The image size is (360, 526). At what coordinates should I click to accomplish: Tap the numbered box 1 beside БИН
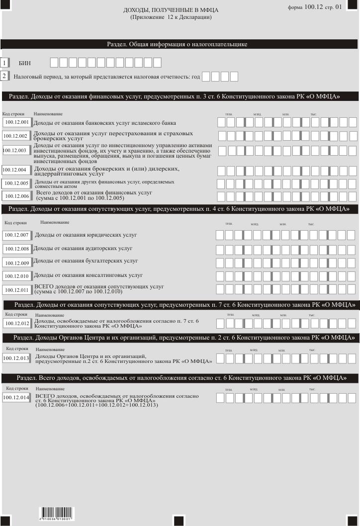coord(5,63)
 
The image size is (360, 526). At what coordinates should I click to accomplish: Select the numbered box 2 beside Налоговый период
coord(5,77)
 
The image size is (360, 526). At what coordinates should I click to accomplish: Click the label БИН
coord(25,64)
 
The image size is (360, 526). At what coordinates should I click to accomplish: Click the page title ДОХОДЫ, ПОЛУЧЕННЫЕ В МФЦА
coord(171,10)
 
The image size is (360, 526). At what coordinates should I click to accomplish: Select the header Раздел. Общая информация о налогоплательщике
coord(178,44)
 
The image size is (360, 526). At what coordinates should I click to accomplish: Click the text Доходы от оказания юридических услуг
coord(86,235)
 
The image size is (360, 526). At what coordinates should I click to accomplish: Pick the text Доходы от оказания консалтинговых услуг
coord(88,274)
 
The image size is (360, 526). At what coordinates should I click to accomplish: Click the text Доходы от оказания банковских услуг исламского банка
coord(104,122)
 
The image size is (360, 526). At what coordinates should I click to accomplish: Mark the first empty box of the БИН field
coord(54,63)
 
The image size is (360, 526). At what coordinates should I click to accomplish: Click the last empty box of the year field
coord(234,77)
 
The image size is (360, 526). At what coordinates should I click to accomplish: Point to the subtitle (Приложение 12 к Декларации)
coord(171,17)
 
